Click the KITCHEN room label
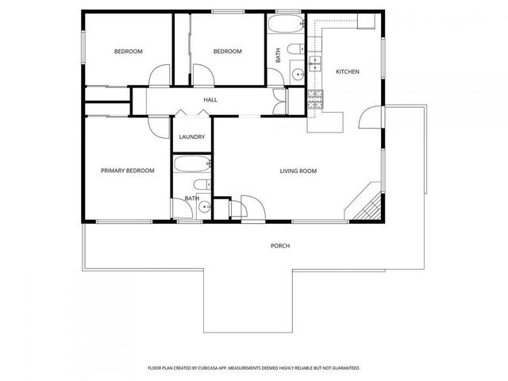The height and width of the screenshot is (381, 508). click(348, 72)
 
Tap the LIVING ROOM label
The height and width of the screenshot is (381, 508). click(298, 171)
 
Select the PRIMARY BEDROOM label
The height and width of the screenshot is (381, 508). click(127, 171)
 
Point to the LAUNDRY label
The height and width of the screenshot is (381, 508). click(192, 137)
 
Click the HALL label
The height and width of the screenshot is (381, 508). click(210, 100)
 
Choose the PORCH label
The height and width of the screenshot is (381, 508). click(280, 246)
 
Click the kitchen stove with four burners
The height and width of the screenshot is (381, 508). click(315, 98)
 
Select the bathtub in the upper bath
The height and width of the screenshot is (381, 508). click(283, 25)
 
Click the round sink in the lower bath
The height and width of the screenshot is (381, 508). click(203, 209)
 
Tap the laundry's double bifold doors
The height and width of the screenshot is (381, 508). click(192, 114)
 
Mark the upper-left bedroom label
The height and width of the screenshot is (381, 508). click(128, 52)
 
